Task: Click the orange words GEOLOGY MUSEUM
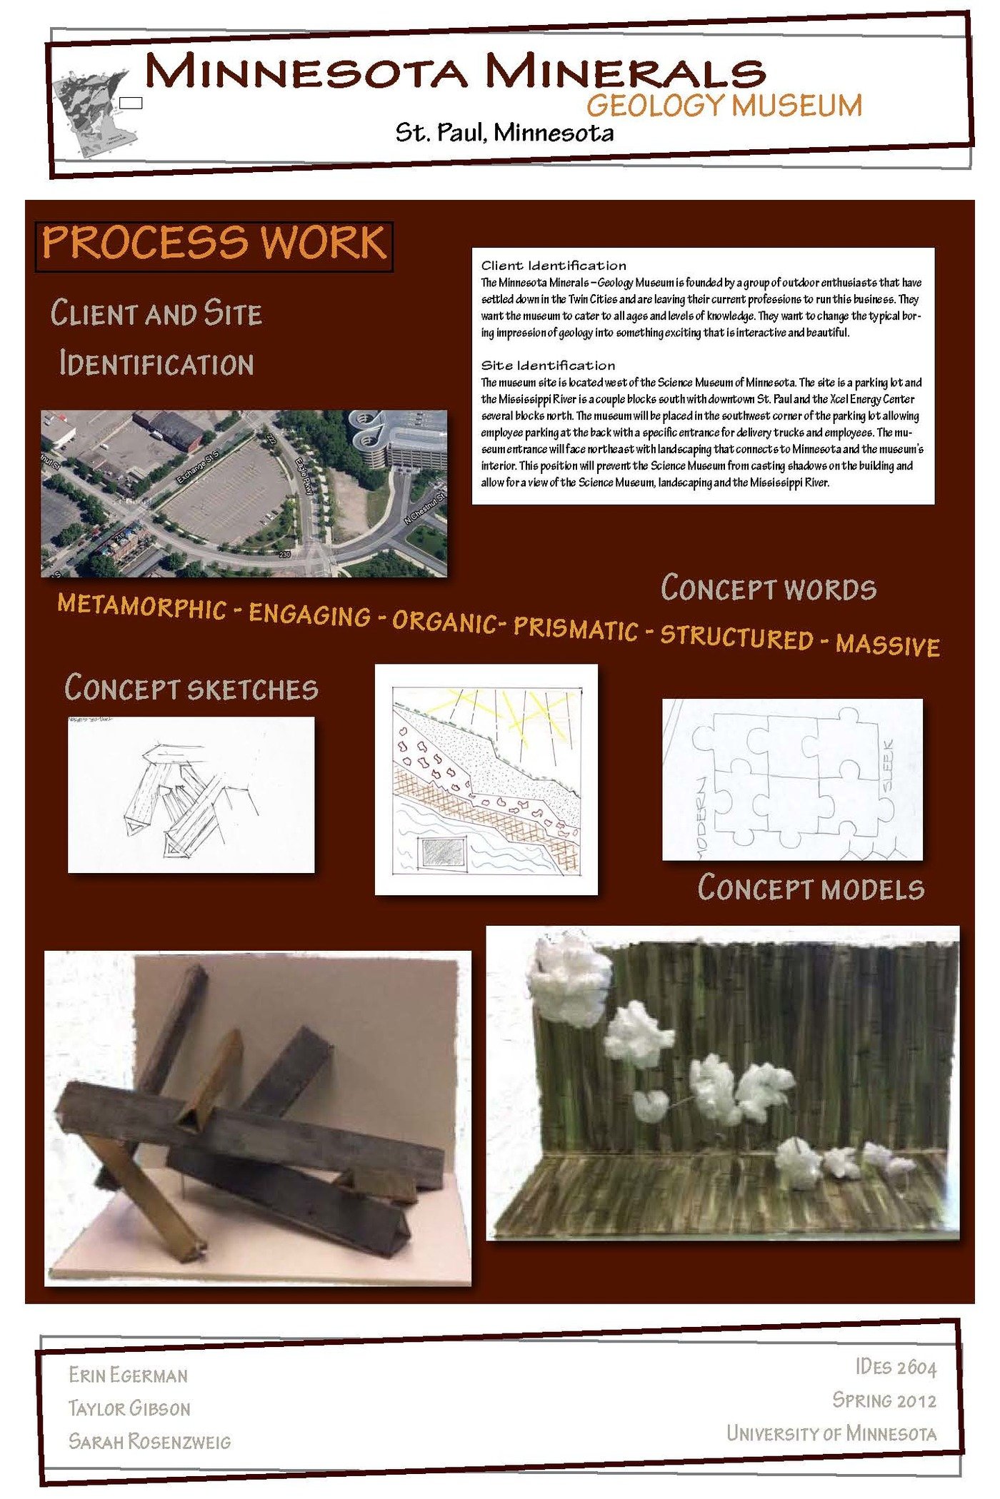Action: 724,106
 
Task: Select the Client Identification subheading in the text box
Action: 554,266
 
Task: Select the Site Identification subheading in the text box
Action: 548,365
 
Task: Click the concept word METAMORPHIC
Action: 141,606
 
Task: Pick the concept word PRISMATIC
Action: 576,628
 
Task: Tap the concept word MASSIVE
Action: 888,645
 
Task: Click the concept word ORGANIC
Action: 444,622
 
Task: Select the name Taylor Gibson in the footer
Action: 129,1408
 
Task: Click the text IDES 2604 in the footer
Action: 895,1367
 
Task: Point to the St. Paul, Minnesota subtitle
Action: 504,133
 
